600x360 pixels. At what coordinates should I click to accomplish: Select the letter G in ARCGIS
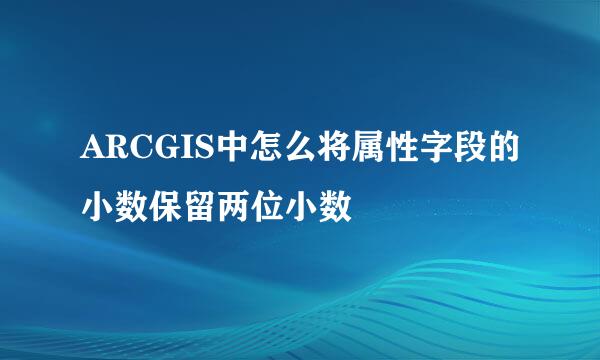(162, 149)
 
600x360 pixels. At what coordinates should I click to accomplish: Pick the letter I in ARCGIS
(180, 149)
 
